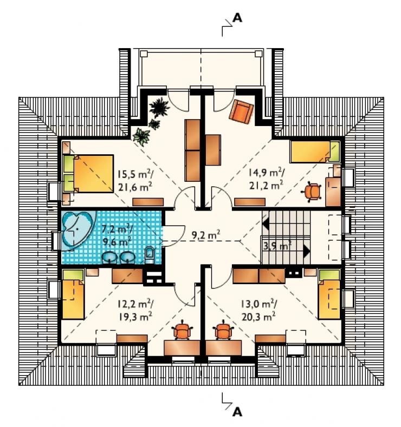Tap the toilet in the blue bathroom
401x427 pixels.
(x=150, y=254)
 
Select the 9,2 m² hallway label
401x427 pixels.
(x=206, y=234)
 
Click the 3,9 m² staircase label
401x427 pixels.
(x=276, y=246)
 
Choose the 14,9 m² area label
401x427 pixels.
(x=267, y=173)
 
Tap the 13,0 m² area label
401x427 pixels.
(x=259, y=304)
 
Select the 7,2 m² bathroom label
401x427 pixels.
(x=117, y=229)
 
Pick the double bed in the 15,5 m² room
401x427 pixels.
(x=88, y=174)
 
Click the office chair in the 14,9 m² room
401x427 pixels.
(x=312, y=192)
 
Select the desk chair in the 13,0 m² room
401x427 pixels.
(x=224, y=330)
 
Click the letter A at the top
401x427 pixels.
(x=237, y=18)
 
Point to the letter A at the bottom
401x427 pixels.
(x=237, y=412)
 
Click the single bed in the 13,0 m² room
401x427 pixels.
(x=329, y=294)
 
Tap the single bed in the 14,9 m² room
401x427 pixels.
(x=315, y=152)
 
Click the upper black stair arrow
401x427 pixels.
(x=266, y=224)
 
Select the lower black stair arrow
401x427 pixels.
(x=307, y=251)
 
